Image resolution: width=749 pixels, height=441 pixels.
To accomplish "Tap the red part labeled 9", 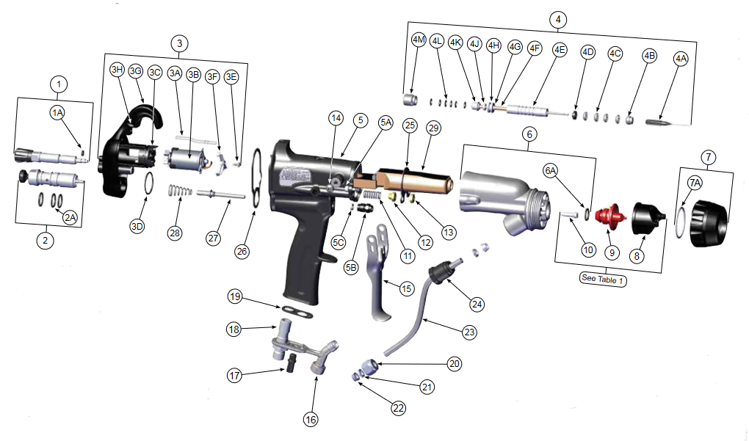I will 609,217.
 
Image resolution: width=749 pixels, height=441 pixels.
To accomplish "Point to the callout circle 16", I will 311,419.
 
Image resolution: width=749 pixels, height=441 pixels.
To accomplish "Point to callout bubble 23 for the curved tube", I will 469,331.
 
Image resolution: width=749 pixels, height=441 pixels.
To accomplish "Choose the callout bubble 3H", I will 117,70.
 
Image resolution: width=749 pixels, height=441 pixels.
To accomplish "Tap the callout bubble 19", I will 234,297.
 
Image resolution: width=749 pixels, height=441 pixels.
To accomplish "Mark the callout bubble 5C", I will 338,241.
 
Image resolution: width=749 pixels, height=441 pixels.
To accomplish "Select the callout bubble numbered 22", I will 398,409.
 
